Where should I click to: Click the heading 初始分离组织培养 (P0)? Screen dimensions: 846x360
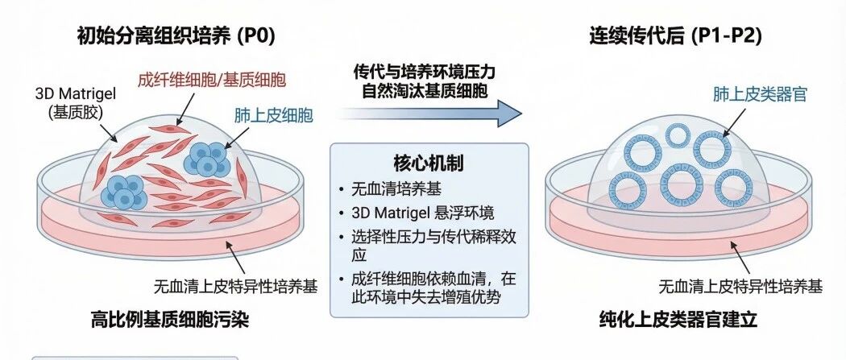click(176, 36)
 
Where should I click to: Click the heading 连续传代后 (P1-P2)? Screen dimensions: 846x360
click(675, 36)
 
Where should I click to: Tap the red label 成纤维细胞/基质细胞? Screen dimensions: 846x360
click(211, 81)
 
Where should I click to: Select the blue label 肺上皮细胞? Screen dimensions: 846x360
click(274, 115)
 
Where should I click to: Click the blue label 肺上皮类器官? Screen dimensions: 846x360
click(760, 95)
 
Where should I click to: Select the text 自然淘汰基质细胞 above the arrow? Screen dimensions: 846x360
click(425, 90)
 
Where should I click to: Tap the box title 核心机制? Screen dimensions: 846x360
click(429, 163)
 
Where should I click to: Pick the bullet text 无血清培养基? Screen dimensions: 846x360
click(396, 189)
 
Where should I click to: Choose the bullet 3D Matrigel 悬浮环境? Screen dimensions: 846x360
click(422, 213)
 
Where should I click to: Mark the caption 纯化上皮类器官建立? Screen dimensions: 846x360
click(678, 320)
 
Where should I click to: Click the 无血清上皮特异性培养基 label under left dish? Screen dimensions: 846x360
click(236, 286)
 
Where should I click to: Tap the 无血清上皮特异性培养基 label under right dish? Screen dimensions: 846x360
click(740, 286)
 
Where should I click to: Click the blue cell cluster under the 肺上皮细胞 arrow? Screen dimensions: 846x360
click(206, 159)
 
